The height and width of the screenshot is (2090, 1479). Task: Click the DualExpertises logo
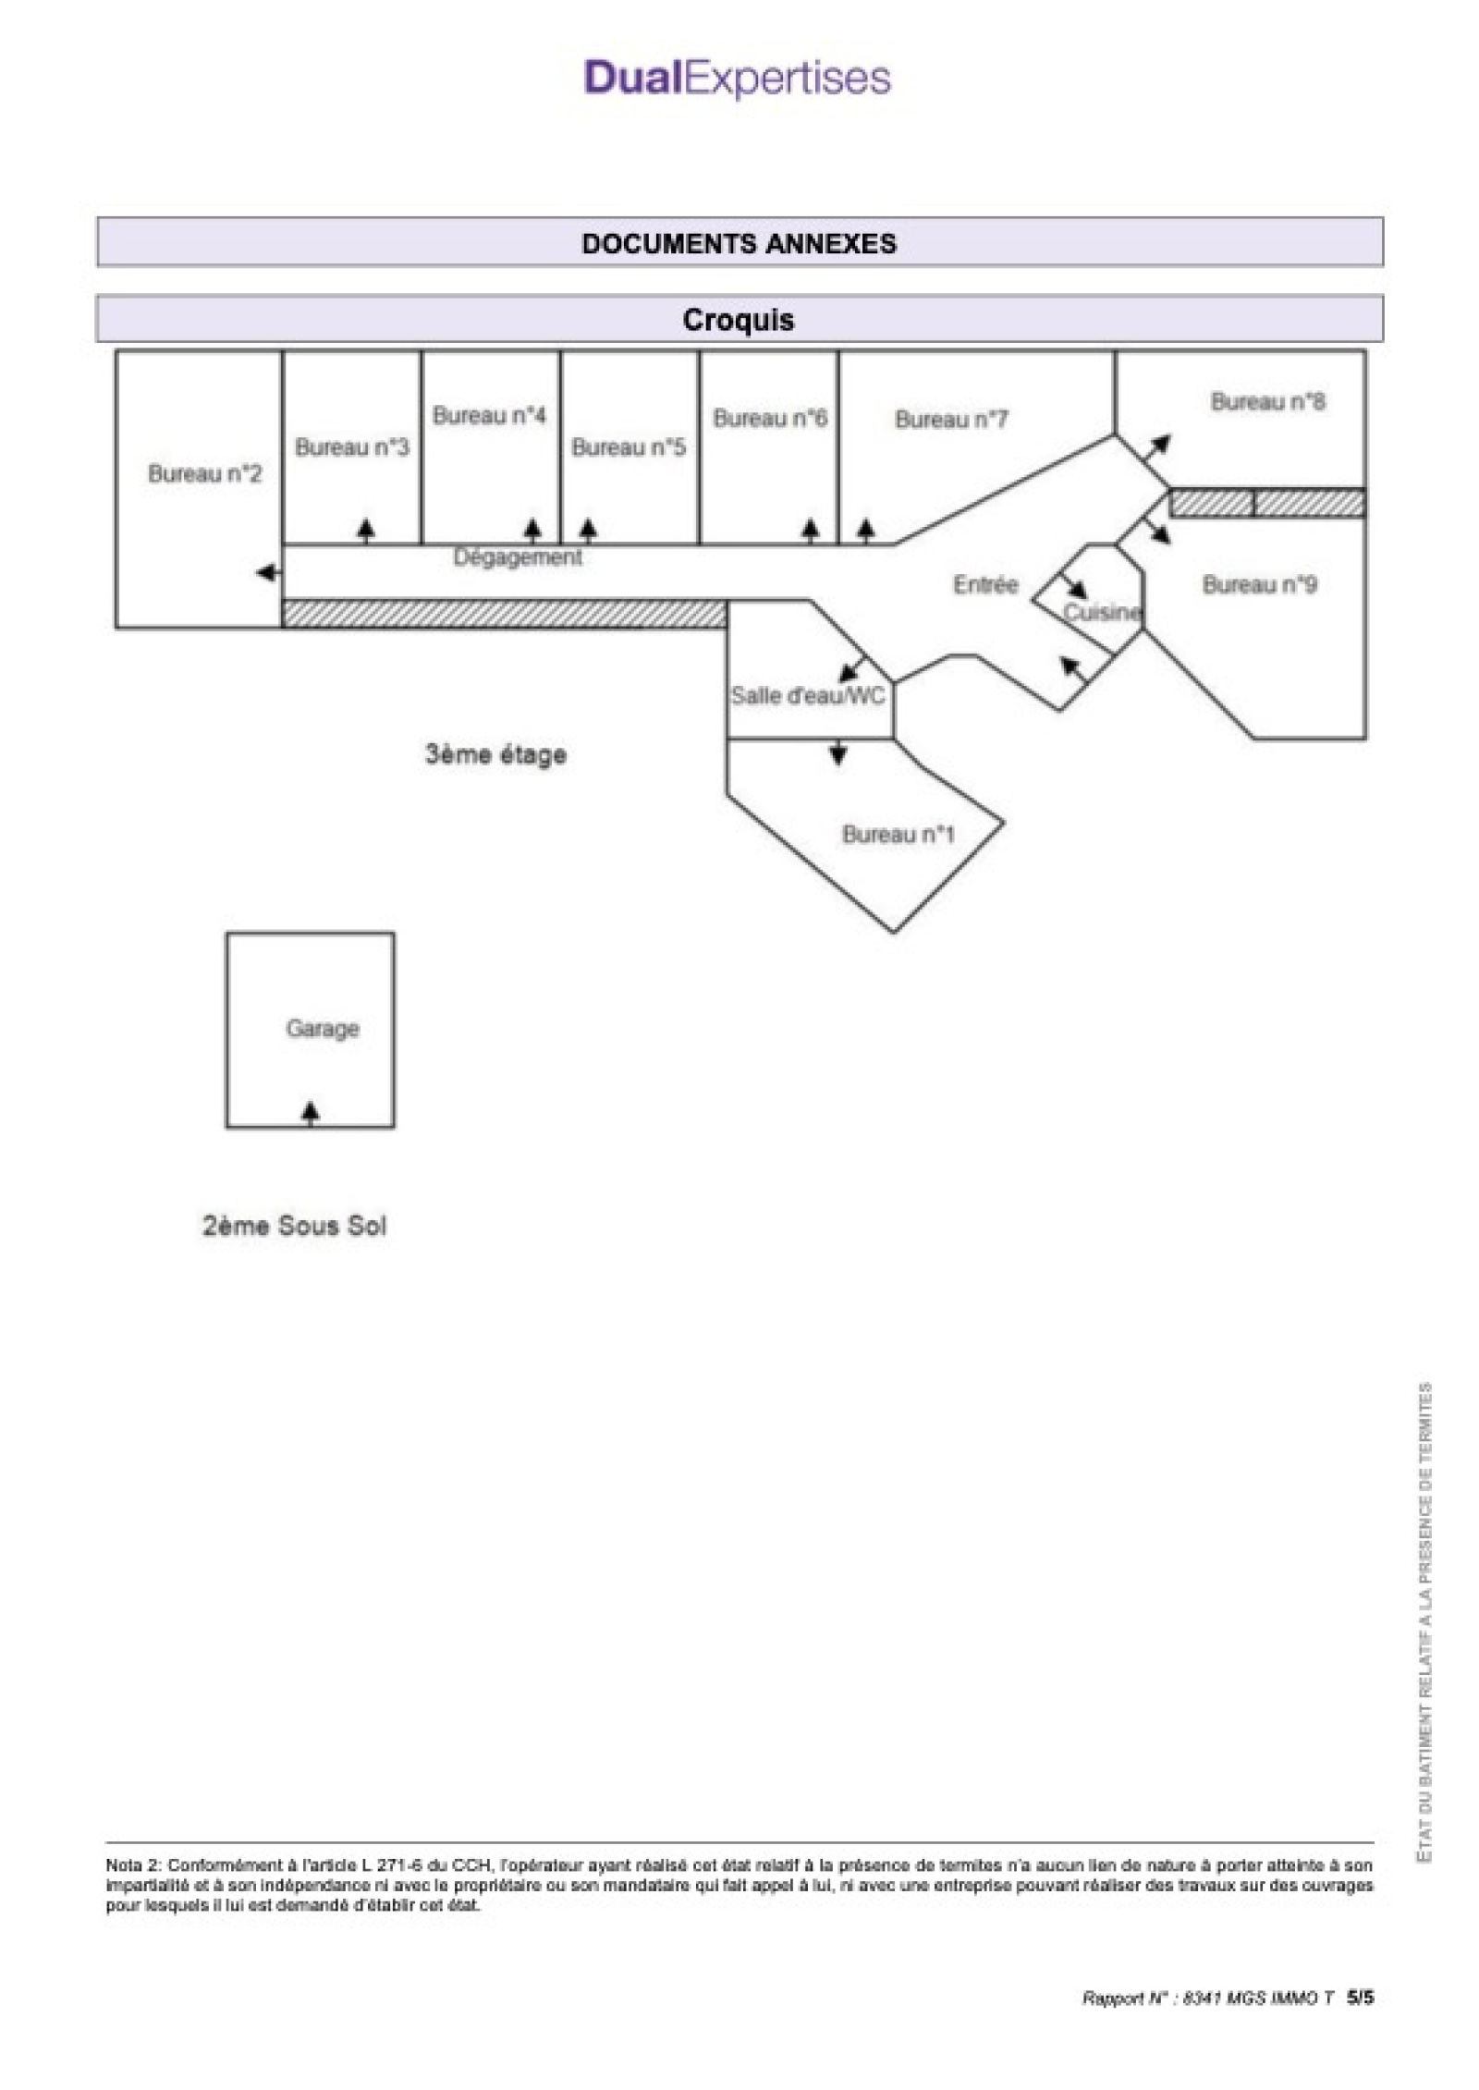click(x=738, y=79)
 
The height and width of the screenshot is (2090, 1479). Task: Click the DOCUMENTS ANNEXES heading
click(x=739, y=243)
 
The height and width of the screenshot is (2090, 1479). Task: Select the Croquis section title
click(x=739, y=320)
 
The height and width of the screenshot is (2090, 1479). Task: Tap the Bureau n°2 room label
click(x=205, y=474)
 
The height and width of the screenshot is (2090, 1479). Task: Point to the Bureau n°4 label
click(x=489, y=416)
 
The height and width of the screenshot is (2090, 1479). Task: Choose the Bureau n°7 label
click(x=951, y=420)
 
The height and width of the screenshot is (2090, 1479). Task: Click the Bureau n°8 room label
click(x=1267, y=402)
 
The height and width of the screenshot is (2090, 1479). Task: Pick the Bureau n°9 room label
click(x=1259, y=584)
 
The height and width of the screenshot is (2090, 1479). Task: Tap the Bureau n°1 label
click(x=898, y=835)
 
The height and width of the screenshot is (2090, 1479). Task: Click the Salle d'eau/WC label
click(x=808, y=695)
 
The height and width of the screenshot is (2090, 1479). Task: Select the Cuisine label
click(x=1102, y=612)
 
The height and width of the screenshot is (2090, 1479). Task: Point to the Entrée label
click(x=985, y=584)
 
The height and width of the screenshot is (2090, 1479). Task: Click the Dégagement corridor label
click(x=518, y=557)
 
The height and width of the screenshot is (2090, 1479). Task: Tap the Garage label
click(x=323, y=1028)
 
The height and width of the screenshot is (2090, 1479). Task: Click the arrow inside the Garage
click(x=312, y=1112)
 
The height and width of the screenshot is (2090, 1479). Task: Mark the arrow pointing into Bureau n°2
click(x=268, y=573)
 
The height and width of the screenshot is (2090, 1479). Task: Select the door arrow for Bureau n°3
click(x=367, y=529)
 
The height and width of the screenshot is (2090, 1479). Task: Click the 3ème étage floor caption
click(x=495, y=754)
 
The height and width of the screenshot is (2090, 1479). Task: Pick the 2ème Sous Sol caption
click(x=294, y=1226)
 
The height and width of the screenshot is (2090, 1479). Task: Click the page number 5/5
click(x=1360, y=1998)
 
